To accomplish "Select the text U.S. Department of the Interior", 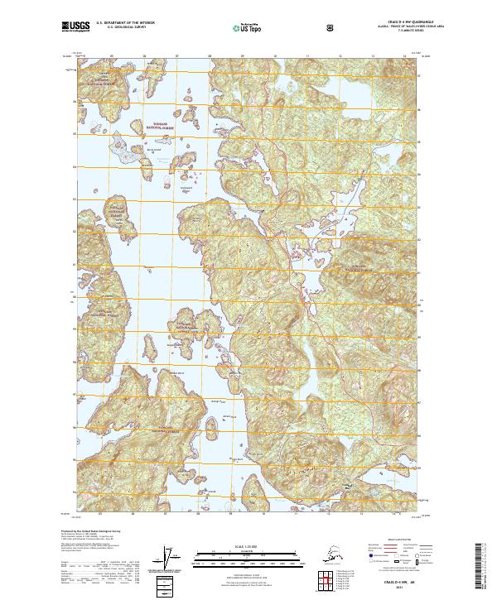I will click(x=125, y=25).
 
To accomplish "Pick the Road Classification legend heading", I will click(x=397, y=538).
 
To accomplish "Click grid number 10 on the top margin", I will click(x=274, y=58).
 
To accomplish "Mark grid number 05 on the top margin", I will click(x=112, y=58).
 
